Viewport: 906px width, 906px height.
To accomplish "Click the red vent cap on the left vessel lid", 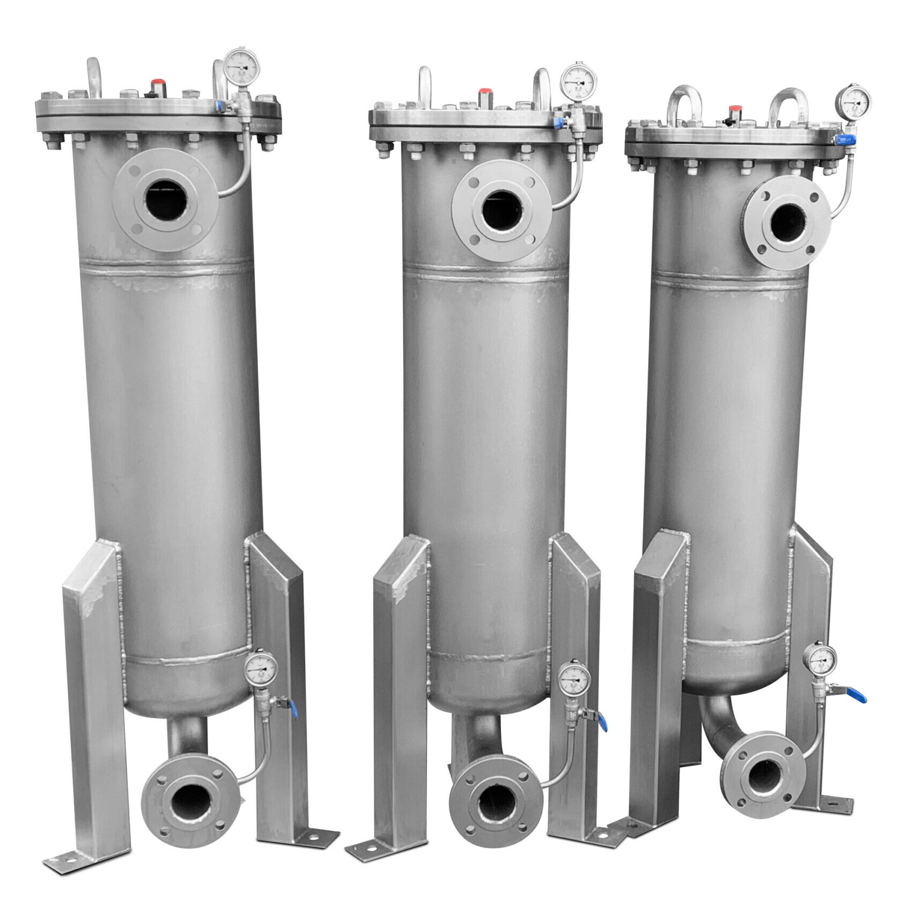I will pos(158,85).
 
